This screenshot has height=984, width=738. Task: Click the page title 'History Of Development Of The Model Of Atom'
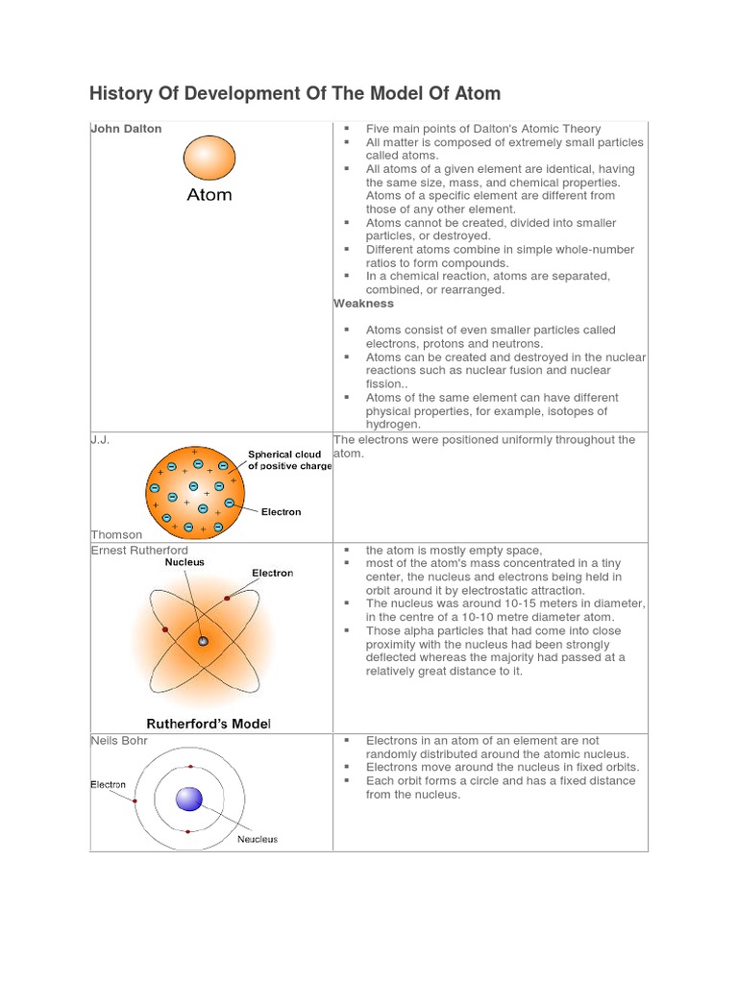[295, 93]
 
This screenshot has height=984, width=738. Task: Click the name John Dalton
[126, 129]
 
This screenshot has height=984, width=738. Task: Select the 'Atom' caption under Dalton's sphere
[209, 195]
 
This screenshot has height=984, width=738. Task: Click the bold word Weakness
[363, 304]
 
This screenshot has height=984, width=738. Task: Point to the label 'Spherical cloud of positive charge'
[289, 460]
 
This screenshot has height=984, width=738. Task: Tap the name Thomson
[116, 534]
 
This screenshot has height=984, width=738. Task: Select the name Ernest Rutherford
[139, 551]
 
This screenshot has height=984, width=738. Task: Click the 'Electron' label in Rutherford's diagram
[272, 573]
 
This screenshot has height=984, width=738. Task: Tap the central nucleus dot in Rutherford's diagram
[203, 641]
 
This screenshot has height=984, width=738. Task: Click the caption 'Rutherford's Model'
[209, 723]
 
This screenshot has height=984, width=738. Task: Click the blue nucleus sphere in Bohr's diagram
[189, 799]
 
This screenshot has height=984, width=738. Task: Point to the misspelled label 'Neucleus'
[258, 839]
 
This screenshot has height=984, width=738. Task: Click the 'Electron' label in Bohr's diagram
[109, 784]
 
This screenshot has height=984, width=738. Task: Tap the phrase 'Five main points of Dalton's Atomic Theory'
[483, 129]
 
